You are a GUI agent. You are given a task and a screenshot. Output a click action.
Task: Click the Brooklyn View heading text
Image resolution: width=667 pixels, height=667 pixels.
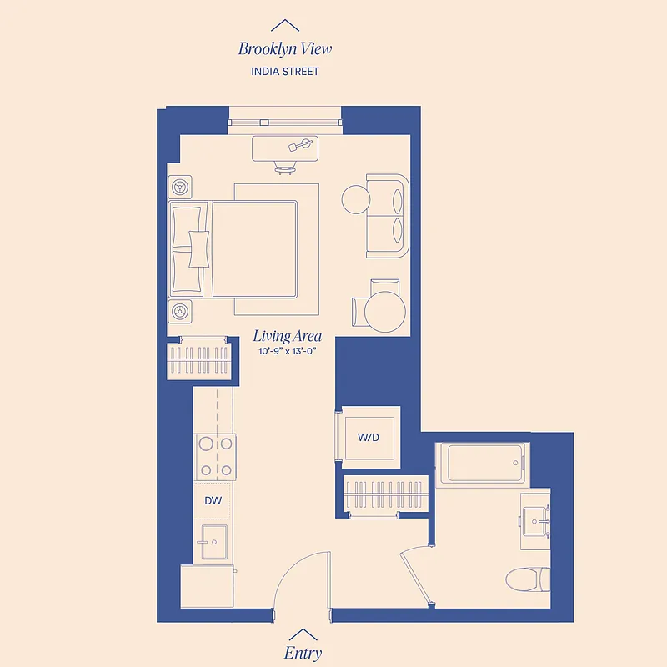coord(285,48)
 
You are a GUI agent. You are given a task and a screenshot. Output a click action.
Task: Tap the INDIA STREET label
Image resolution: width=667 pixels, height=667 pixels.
coord(285,71)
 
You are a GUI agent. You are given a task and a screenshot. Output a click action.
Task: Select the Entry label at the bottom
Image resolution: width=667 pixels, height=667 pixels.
coord(303,653)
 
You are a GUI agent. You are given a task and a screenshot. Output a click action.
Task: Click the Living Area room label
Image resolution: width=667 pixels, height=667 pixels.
coord(288,337)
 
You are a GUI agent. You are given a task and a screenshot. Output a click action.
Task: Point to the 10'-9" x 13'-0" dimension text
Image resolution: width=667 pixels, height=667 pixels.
coord(288,352)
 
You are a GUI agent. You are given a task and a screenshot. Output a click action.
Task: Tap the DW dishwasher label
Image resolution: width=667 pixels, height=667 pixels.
coord(213,500)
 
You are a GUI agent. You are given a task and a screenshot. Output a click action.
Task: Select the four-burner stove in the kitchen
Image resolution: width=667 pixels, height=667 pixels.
coord(215,456)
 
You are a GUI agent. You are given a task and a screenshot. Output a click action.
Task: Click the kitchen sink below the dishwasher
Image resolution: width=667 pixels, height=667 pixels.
coord(214,542)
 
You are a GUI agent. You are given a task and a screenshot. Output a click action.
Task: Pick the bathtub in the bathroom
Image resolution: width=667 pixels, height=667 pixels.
coord(484,463)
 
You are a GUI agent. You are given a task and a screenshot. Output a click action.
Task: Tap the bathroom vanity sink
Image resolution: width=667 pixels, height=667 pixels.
coord(535,521)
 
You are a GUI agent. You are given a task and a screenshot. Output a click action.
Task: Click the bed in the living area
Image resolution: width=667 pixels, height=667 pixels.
coord(242,248)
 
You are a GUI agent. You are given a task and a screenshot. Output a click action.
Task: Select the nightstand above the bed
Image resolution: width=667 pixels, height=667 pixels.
coord(180,186)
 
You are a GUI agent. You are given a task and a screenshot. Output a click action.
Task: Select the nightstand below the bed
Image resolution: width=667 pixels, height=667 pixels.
coord(180,311)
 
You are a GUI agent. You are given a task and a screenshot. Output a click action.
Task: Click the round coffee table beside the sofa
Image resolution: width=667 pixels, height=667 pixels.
coord(355,198)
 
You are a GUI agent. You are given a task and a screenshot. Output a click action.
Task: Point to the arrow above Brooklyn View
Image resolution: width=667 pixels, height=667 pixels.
coord(285,25)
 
